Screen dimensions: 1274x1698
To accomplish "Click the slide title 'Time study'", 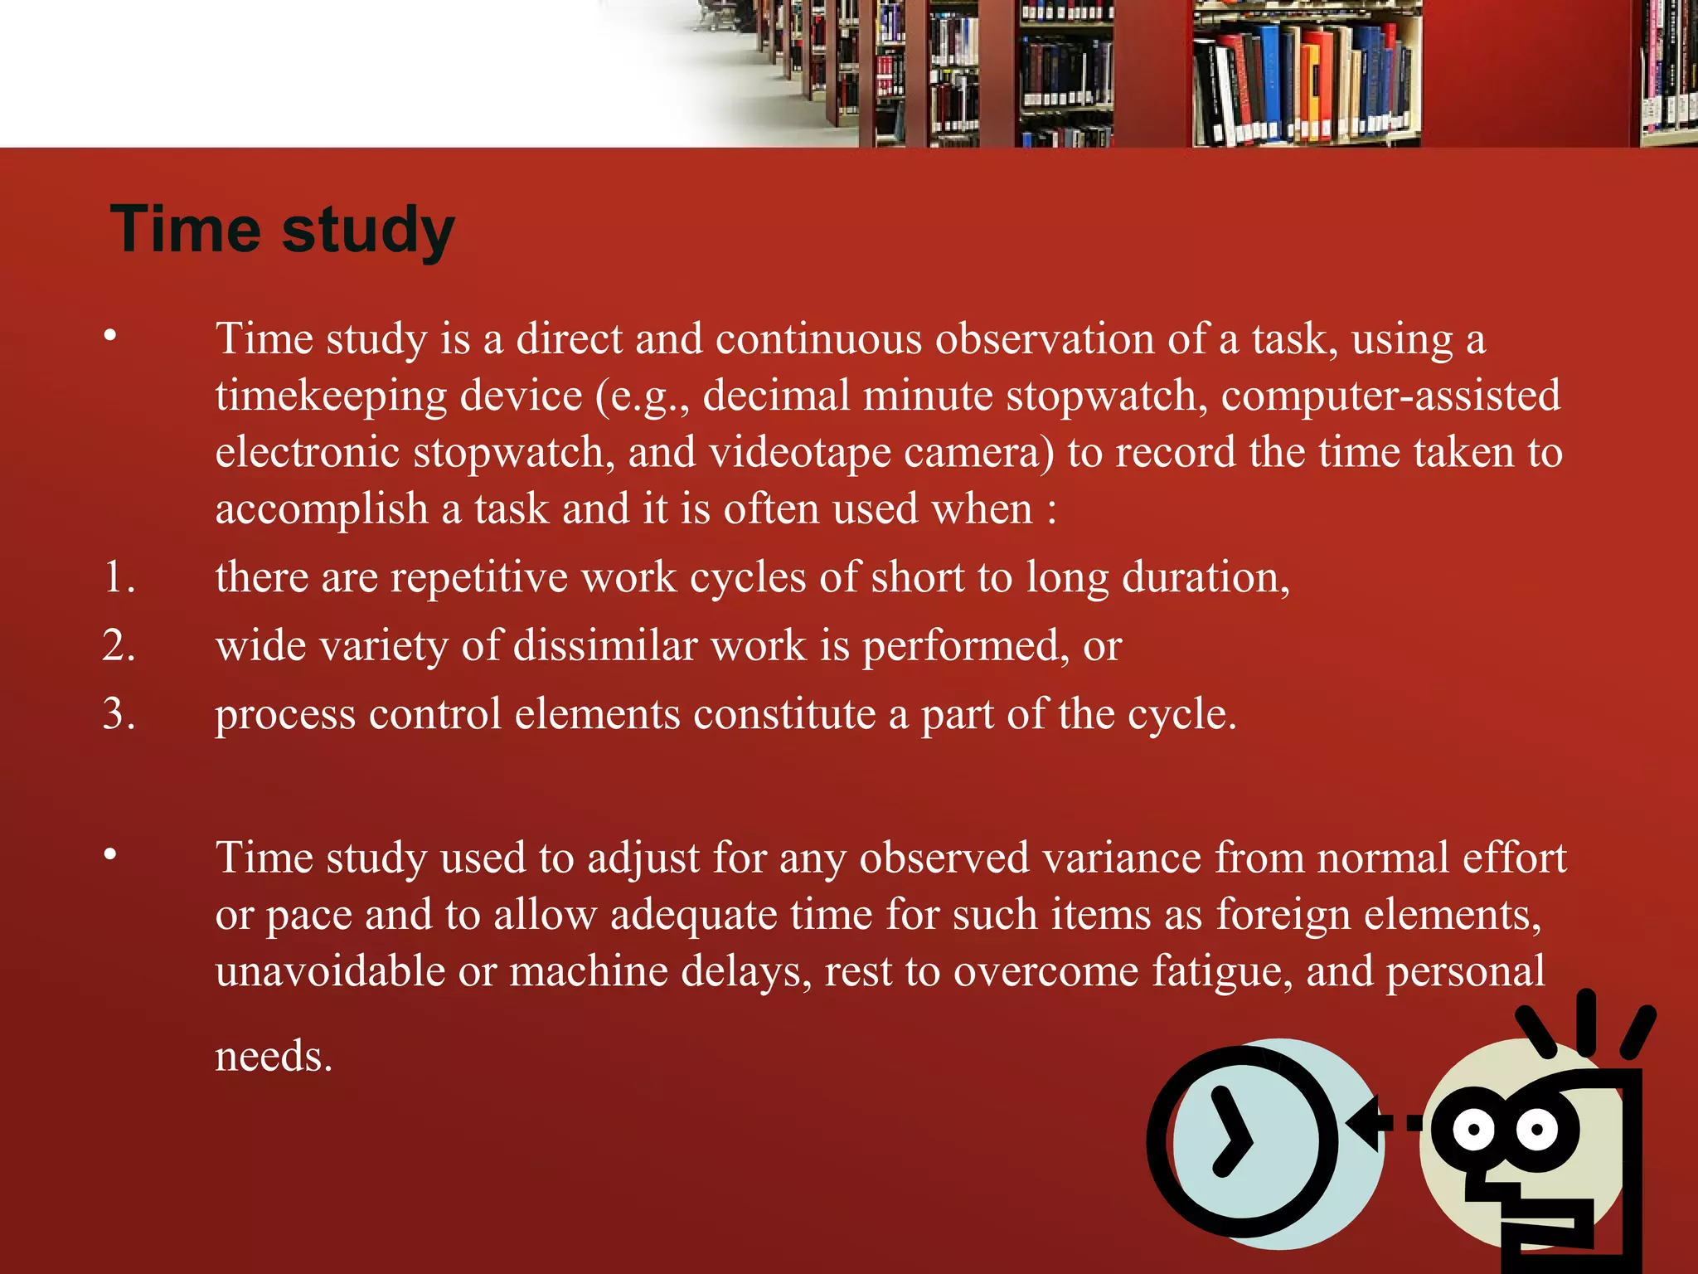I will click(x=282, y=230).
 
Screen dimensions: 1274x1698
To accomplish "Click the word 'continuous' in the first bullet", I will click(x=818, y=339).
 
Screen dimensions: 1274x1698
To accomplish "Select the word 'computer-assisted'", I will click(x=1390, y=395).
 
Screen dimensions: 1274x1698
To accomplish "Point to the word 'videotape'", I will click(x=799, y=453).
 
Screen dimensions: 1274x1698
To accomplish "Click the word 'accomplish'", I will click(x=321, y=509).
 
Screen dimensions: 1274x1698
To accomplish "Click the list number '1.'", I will click(x=119, y=576).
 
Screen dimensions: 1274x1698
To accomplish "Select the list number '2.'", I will click(x=119, y=645).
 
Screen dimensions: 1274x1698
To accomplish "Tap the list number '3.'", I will click(x=119, y=714).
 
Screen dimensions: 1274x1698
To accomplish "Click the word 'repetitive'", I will click(x=478, y=577).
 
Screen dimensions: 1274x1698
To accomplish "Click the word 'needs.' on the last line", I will click(x=274, y=1057).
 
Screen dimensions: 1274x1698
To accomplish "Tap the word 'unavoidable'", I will click(x=330, y=971).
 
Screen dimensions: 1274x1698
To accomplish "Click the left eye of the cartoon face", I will click(x=1473, y=1129).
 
